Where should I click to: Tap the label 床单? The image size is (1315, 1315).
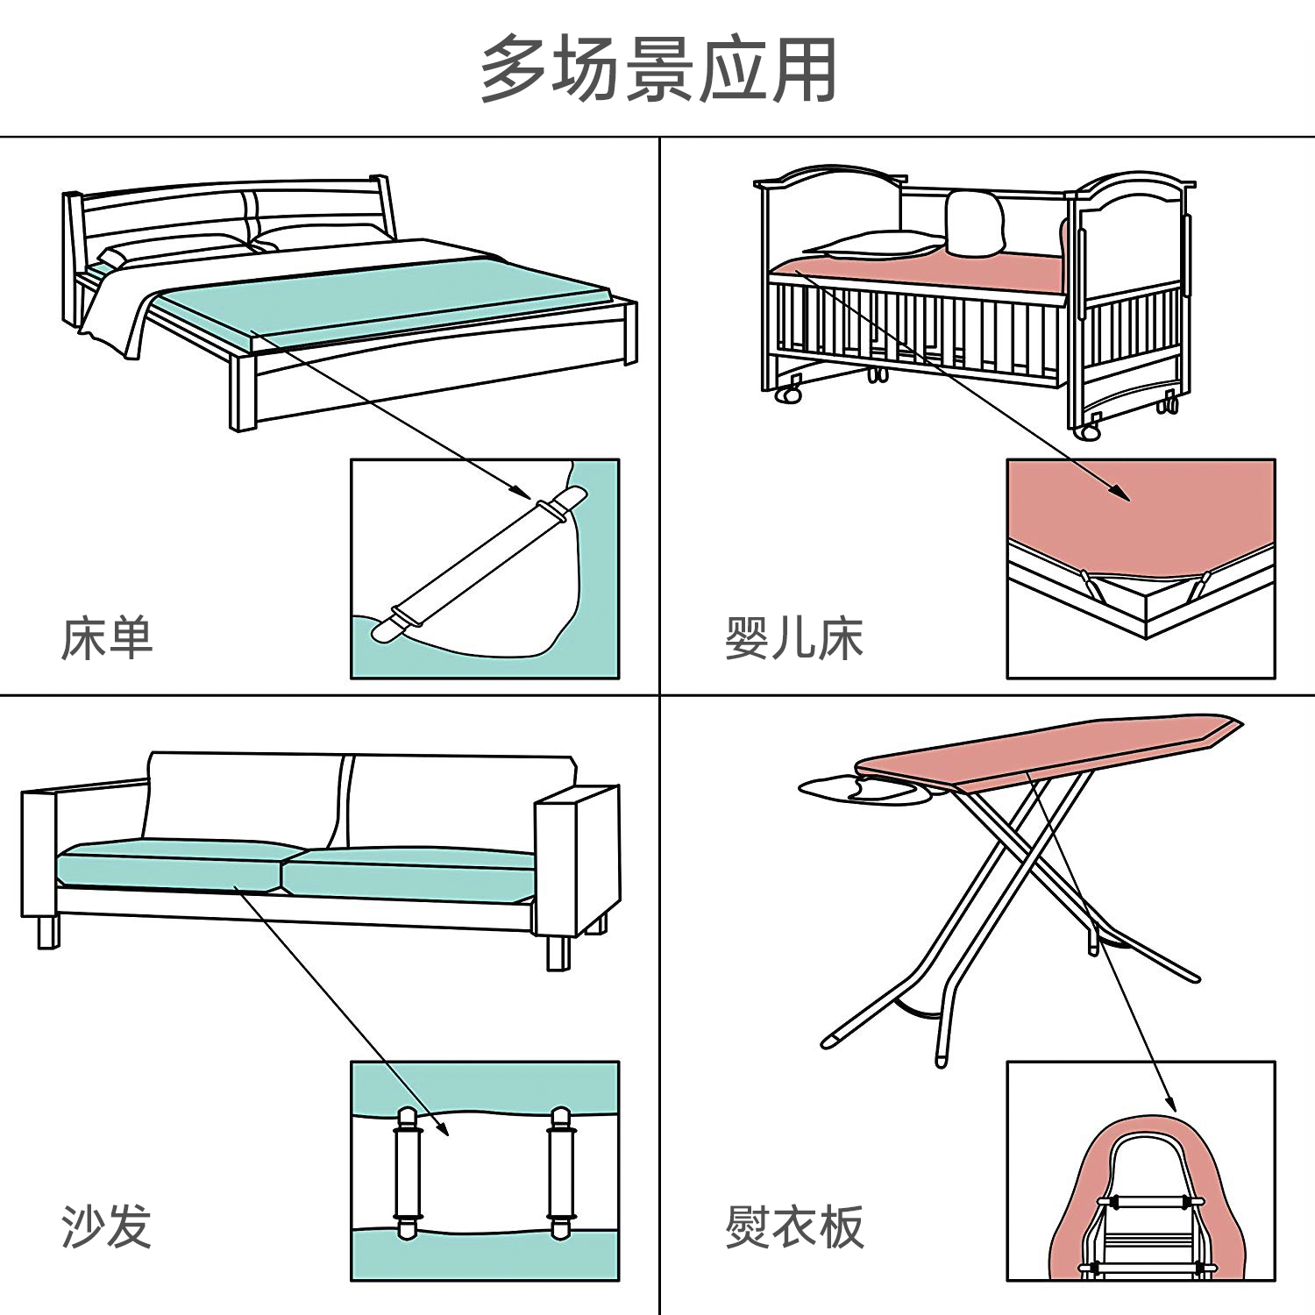tap(107, 637)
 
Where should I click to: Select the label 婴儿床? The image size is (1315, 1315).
tap(793, 637)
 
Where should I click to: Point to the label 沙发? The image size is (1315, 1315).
tap(107, 1226)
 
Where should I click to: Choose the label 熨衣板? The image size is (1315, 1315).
tap(793, 1226)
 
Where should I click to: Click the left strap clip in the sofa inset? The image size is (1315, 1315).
tap(408, 1171)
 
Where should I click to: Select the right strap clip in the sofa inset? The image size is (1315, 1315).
tap(559, 1171)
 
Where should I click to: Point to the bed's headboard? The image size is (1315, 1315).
tap(228, 210)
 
